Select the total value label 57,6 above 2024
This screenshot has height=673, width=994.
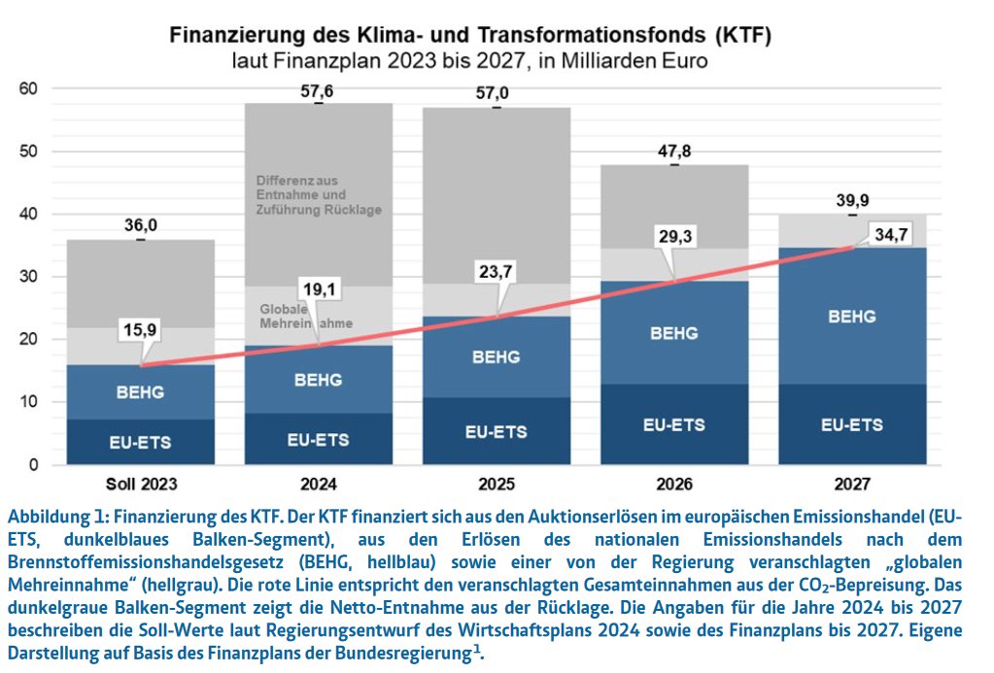[318, 91]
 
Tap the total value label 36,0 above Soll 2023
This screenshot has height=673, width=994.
[141, 225]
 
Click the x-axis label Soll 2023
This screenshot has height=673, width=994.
[141, 483]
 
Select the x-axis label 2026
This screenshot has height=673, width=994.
[674, 483]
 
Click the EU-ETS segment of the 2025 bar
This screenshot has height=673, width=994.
[496, 431]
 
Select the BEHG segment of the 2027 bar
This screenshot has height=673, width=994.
[852, 316]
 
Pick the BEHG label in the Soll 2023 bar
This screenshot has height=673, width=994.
[141, 393]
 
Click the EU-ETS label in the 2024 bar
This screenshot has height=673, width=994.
[318, 440]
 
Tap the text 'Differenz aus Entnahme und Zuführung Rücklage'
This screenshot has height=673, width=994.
[319, 195]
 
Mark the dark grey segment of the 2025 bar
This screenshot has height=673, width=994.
[496, 194]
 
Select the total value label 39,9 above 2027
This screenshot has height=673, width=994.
[852, 201]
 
